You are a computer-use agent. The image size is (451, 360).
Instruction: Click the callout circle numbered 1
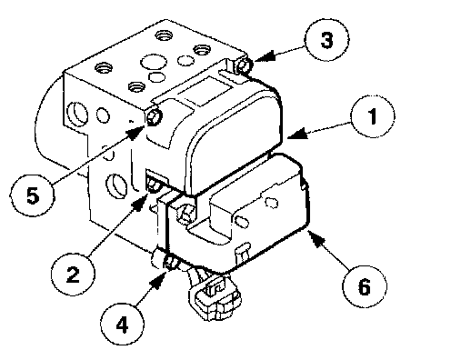point(373,116)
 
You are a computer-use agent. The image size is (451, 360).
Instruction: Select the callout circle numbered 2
point(73,275)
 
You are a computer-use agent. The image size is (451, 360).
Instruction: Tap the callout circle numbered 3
point(326,39)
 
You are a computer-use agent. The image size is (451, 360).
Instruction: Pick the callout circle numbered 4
point(122,325)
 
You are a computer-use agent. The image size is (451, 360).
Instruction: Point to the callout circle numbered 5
point(33,195)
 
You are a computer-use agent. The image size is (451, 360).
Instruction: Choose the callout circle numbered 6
point(365,286)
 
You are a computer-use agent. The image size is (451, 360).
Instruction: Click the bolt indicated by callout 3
point(244,65)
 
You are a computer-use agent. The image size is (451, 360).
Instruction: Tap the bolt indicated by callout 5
point(154,117)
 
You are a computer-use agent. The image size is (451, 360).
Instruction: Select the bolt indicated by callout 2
point(153,186)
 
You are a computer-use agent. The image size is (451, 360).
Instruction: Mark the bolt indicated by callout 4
point(170,262)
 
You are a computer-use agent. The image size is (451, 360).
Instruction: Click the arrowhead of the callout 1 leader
point(297,135)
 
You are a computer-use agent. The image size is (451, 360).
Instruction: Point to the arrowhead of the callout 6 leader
point(316,238)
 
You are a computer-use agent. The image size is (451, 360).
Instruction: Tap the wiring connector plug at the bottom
point(215,298)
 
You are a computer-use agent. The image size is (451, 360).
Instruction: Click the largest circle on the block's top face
point(154,62)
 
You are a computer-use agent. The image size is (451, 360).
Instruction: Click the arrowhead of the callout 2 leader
point(140,202)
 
